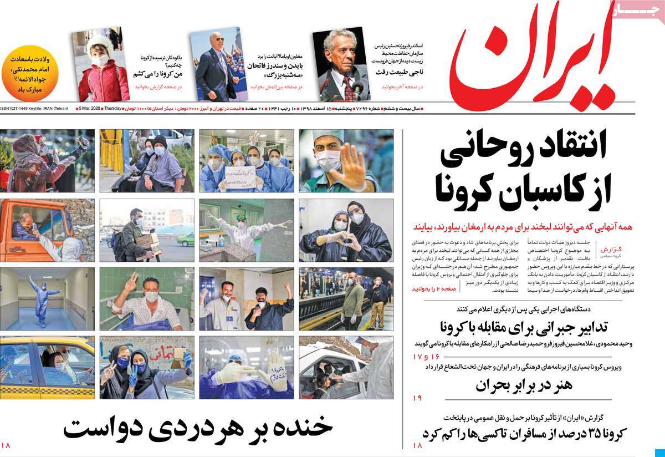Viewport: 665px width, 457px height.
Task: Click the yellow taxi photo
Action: click(x=47, y=367)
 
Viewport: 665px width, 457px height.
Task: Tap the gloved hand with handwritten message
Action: click(x=274, y=366)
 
